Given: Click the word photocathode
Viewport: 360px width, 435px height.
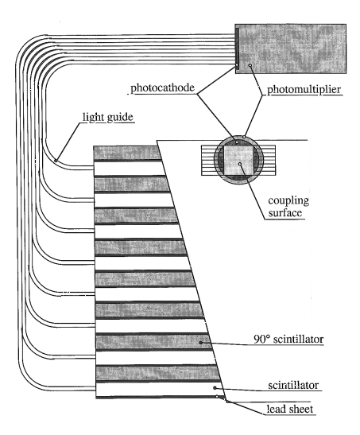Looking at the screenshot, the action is click(x=163, y=87).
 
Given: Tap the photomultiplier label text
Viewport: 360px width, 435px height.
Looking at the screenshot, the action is click(x=304, y=89).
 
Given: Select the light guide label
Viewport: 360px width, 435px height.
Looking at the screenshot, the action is click(x=108, y=117).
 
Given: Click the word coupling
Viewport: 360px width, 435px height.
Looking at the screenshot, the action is click(x=288, y=201).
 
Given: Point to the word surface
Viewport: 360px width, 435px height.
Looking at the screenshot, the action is click(x=285, y=213).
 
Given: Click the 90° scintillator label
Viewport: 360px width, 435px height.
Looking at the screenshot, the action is click(x=288, y=339).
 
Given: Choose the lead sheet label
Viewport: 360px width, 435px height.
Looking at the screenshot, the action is click(x=290, y=409).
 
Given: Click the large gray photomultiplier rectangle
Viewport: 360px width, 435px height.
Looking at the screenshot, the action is click(x=290, y=49).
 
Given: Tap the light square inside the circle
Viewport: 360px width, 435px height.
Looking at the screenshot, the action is click(x=238, y=161).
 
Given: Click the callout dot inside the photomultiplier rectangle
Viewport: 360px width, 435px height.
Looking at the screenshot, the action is click(x=250, y=65).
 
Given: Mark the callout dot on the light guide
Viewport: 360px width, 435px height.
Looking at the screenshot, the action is click(x=56, y=161).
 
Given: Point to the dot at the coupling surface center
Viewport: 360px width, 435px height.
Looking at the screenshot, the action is click(x=240, y=164).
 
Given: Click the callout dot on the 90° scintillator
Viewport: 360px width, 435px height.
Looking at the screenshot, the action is click(x=200, y=343).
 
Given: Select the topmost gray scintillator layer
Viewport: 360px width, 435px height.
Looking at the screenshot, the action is click(x=127, y=153).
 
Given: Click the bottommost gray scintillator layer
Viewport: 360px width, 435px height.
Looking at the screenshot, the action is click(x=157, y=373).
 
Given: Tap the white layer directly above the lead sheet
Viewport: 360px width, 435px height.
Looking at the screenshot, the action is click(x=160, y=389).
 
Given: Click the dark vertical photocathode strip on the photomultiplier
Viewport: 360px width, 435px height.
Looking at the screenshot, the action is click(x=237, y=47).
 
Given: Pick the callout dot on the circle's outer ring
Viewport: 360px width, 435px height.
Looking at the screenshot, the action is click(x=244, y=137).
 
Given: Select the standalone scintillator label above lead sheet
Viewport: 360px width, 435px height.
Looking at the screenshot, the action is click(x=293, y=385).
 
